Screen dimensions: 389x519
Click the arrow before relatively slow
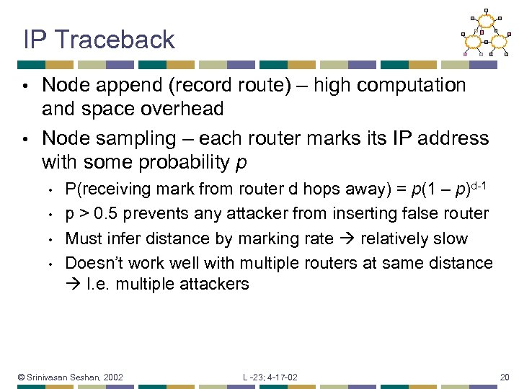click(350, 238)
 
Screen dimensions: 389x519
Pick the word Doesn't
click(92, 263)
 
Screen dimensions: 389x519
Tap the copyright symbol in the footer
click(22, 377)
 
